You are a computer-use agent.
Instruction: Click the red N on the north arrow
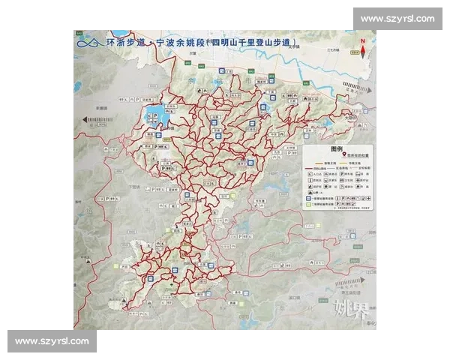(x=363, y=42)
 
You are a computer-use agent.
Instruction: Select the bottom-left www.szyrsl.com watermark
(x=52, y=341)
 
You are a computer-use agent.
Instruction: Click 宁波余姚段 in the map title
(x=177, y=43)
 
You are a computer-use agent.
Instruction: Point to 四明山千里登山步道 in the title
(x=251, y=43)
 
